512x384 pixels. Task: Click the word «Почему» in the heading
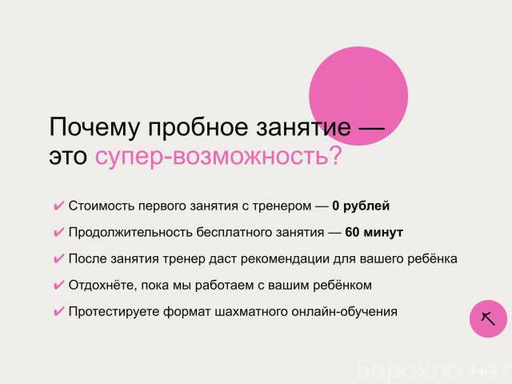point(94,127)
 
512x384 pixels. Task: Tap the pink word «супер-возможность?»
point(218,155)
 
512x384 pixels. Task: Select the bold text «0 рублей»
point(361,206)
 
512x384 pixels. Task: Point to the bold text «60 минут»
point(374,233)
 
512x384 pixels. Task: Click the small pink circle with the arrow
point(488,318)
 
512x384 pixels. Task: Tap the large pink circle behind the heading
point(358,96)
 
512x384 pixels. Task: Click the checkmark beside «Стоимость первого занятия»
point(58,206)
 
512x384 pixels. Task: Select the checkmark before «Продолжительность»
point(58,233)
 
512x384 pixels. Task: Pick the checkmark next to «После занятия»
point(58,259)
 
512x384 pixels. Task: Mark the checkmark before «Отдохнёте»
point(58,286)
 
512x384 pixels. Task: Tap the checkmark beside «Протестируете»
point(58,312)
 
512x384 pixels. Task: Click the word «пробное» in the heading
point(198,127)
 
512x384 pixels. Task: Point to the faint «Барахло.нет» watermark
point(432,370)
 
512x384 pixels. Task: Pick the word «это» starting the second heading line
point(68,156)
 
